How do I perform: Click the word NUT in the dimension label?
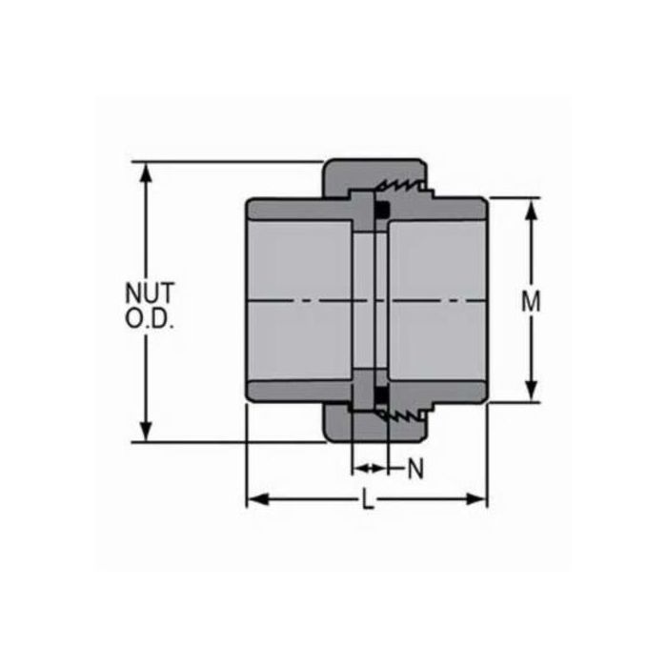point(151,292)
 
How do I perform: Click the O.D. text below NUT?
point(151,319)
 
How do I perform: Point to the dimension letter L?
point(368,499)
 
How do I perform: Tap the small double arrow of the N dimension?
point(370,468)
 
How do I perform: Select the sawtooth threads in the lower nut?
point(400,416)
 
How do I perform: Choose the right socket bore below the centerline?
point(438,343)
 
